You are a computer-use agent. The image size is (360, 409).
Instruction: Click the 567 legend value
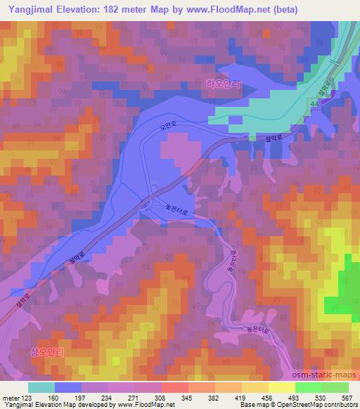pyautogui.click(x=347, y=397)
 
